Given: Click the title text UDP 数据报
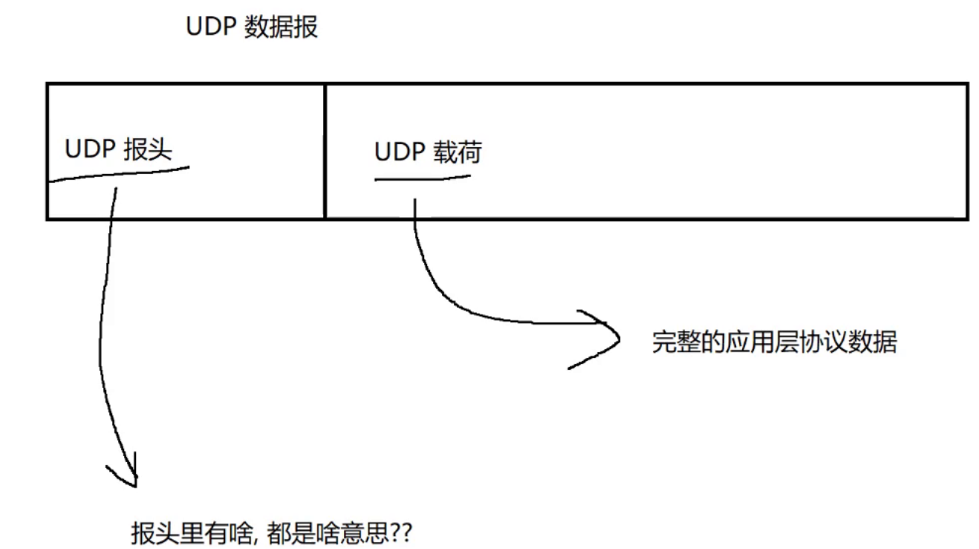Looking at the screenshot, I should pyautogui.click(x=252, y=27).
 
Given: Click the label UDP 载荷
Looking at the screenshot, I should pyautogui.click(x=428, y=152).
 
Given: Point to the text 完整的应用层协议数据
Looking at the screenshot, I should pyautogui.click(x=774, y=342).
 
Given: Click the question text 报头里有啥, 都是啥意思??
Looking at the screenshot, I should pyautogui.click(x=270, y=533).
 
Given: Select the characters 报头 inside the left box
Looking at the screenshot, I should pyautogui.click(x=148, y=149).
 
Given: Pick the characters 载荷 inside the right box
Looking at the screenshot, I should pyautogui.click(x=457, y=152).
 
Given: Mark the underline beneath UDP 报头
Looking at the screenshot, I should pyautogui.click(x=119, y=174).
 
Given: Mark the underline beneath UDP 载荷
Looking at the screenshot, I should pyautogui.click(x=422, y=178).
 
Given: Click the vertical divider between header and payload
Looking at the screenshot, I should pyautogui.click(x=325, y=151).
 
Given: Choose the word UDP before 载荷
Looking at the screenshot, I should pyautogui.click(x=399, y=152).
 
